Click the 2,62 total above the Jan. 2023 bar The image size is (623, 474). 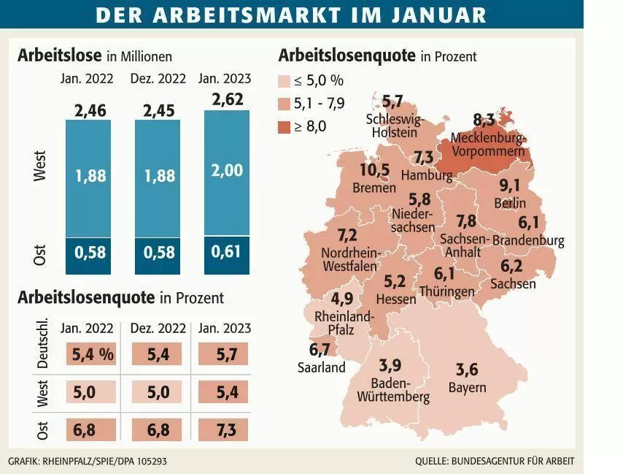(228, 99)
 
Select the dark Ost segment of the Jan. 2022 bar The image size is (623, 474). (88, 256)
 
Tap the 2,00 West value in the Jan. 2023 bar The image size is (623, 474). (227, 170)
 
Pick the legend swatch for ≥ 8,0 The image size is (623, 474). (284, 127)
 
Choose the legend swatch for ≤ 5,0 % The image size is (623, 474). (284, 81)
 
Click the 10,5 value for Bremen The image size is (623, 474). (375, 169)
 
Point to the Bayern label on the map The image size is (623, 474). (467, 387)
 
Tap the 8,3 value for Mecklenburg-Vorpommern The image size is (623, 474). (484, 120)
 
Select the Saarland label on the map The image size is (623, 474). (322, 367)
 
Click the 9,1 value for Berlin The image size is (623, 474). (509, 186)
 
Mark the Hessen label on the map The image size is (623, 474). (396, 299)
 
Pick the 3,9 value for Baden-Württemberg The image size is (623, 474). (390, 365)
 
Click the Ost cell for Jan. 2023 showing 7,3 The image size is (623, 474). (223, 430)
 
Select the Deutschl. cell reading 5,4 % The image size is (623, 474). (91, 354)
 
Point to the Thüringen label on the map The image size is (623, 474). (447, 291)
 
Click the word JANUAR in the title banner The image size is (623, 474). (438, 15)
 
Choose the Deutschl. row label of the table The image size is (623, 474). (42, 343)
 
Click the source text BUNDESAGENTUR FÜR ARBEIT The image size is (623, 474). (512, 462)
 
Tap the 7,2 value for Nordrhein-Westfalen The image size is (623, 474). (348, 235)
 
